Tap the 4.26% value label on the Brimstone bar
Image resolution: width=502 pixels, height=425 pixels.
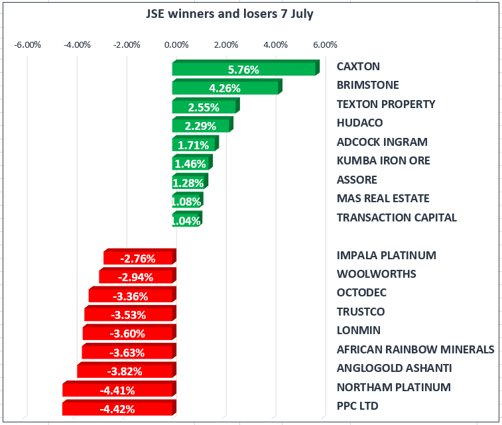(225, 88)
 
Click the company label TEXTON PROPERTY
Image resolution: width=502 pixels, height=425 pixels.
(386, 104)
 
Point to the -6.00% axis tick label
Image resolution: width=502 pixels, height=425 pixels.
(28, 45)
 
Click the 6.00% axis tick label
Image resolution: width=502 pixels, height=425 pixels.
(325, 45)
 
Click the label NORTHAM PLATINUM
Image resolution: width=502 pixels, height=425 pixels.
(393, 387)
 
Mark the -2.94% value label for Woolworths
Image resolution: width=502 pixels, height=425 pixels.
(137, 277)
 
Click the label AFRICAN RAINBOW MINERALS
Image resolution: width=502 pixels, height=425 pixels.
(415, 349)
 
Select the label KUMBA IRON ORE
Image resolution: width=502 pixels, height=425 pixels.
(383, 160)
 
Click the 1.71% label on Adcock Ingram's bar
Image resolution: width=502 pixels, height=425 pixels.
(194, 145)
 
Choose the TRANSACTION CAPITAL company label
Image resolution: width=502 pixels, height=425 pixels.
(397, 217)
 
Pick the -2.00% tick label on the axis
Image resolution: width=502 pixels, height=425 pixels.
(127, 45)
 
